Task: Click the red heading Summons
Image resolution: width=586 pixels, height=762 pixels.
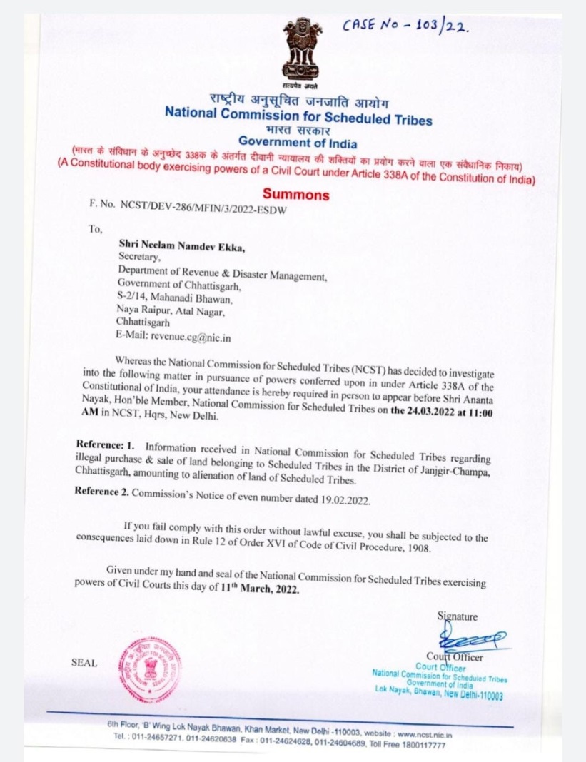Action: coord(295,193)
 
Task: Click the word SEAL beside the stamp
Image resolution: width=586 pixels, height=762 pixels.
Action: coord(84,662)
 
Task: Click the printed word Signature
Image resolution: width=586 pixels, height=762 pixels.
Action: coord(458,616)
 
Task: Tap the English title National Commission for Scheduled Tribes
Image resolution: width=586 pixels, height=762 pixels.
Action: coord(298,115)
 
